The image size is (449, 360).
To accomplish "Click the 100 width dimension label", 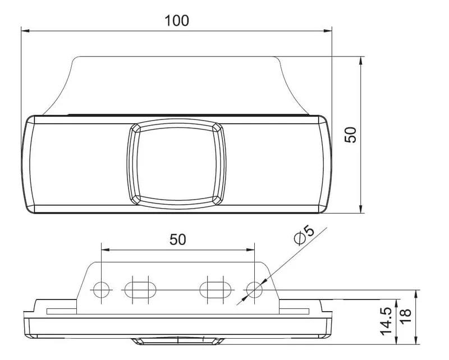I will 177,21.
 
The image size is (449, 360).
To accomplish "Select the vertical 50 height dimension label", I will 351,135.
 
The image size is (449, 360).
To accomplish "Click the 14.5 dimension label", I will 386,321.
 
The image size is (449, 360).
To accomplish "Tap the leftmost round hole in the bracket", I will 101,289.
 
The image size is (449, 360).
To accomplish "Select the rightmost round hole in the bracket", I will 254,289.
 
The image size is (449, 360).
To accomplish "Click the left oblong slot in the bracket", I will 139,289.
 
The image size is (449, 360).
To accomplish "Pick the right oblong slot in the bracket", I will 216,289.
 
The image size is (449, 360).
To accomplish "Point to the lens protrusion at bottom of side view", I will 177,340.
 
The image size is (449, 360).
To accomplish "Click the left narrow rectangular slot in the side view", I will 62,310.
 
